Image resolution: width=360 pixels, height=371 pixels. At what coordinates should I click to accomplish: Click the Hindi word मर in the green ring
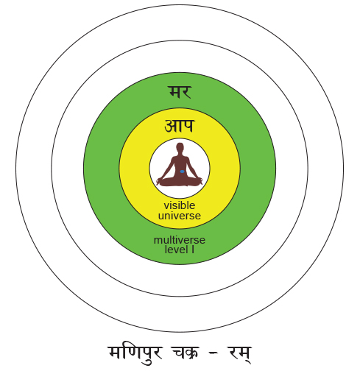click(x=180, y=92)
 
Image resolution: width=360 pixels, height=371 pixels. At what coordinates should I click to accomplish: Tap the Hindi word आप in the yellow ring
click(x=180, y=126)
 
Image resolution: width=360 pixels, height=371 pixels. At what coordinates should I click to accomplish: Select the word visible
click(x=180, y=205)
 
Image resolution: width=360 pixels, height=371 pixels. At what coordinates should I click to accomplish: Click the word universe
click(x=180, y=216)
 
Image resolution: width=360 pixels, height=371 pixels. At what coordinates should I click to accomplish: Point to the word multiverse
click(x=180, y=240)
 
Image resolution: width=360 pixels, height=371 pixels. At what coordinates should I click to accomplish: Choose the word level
click(x=177, y=250)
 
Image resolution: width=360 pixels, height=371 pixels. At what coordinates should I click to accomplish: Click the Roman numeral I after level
click(x=193, y=250)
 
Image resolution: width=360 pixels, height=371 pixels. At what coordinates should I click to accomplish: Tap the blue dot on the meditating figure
click(x=182, y=172)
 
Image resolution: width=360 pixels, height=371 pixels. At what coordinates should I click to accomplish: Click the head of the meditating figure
click(x=180, y=147)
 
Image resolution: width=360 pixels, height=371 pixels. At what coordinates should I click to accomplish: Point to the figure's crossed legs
click(x=180, y=182)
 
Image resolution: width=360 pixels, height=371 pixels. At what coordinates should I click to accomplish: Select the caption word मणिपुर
click(x=135, y=353)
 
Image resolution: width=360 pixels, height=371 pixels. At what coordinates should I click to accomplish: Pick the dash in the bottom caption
click(x=213, y=353)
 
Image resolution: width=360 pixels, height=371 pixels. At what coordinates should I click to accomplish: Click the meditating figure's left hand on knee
click(x=199, y=180)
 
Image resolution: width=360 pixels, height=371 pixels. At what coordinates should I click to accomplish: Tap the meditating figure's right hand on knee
click(x=160, y=180)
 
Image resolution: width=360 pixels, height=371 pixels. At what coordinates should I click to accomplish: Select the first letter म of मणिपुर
click(x=115, y=353)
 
